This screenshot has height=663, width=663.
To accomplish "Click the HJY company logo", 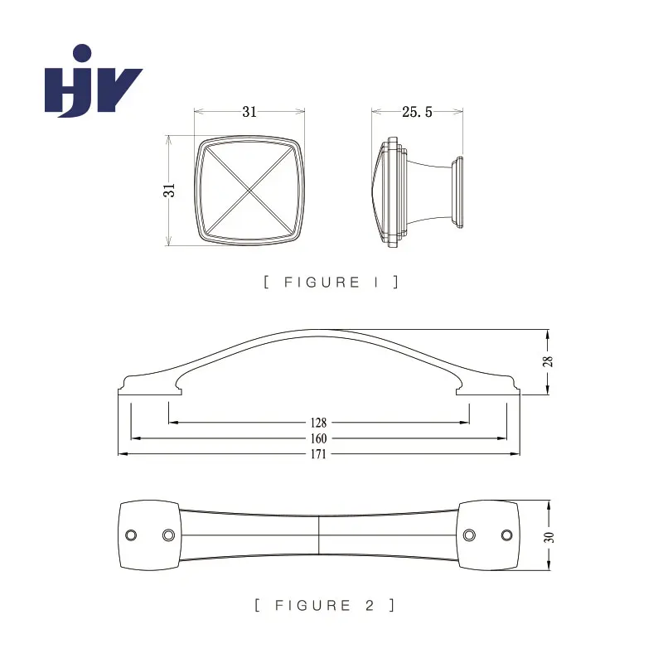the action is tap(94, 80).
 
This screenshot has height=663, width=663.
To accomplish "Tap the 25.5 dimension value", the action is tap(417, 112).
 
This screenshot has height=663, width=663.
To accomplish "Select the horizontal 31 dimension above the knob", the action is tap(249, 112).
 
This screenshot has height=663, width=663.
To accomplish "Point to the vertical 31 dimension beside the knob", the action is tap(169, 191).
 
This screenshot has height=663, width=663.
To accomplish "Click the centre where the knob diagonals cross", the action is tap(250, 191).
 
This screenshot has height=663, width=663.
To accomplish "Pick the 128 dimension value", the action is tap(318, 423).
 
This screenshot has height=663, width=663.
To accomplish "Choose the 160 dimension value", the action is tap(318, 438).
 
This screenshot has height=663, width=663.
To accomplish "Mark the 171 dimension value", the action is tap(318, 454).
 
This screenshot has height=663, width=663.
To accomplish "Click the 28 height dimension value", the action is tap(548, 361).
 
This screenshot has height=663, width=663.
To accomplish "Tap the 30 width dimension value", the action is tap(549, 537).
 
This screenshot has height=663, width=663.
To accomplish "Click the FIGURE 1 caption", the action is tap(331, 282).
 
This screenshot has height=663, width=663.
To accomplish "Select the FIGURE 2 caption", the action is tap(325, 605).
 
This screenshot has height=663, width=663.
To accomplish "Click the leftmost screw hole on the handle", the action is tap(131, 535).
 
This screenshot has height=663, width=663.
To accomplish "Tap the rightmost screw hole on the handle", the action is tap(506, 535).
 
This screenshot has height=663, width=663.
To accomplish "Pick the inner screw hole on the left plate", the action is tap(168, 535).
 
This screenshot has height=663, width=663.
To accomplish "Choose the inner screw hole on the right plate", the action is tap(469, 535).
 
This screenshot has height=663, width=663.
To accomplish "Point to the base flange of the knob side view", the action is tap(457, 192).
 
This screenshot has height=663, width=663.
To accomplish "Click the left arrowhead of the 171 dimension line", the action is tap(123, 453).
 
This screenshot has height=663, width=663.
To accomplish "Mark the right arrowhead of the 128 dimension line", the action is tap(464, 422).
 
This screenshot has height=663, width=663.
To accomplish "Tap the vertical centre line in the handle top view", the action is tap(318, 535).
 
